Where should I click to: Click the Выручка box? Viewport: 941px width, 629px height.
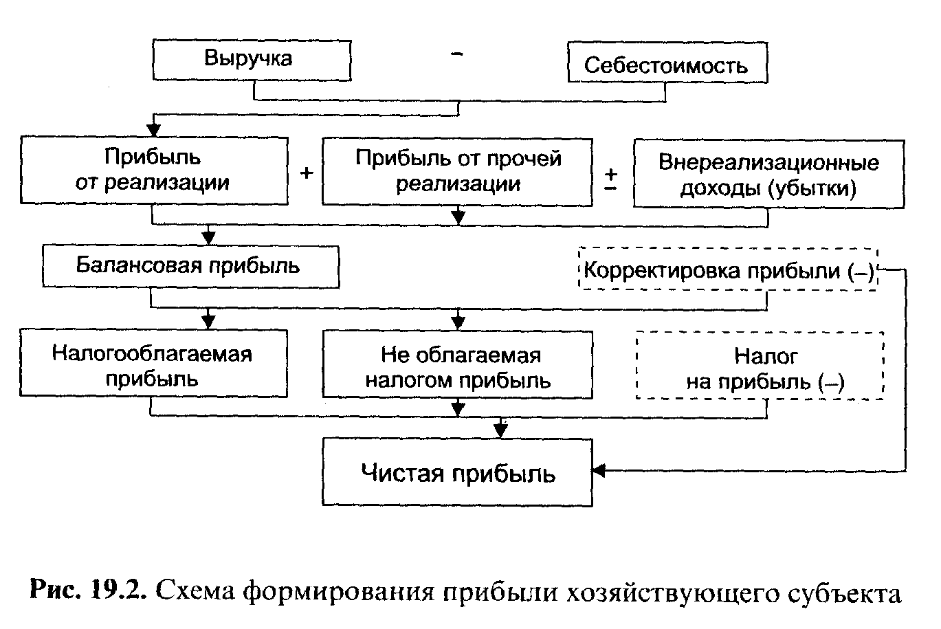pos(251,59)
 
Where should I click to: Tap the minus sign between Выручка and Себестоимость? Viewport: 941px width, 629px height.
pos(457,55)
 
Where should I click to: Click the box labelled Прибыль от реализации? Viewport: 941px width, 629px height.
pos(153,170)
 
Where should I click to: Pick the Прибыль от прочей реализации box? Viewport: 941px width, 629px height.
pos(458,170)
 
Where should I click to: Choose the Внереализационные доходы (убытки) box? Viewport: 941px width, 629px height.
pos(768,174)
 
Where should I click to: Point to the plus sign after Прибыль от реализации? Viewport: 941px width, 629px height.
pos(307,173)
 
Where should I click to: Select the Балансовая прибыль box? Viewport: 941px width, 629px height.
pos(190,265)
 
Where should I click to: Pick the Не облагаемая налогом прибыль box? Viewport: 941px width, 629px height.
pos(458,366)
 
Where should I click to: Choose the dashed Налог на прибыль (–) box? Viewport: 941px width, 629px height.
pos(760,366)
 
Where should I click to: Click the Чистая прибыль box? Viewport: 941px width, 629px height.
pos(458,474)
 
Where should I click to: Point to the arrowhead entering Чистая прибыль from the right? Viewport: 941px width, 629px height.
pos(599,472)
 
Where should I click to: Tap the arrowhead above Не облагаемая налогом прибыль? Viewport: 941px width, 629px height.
pos(458,322)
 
